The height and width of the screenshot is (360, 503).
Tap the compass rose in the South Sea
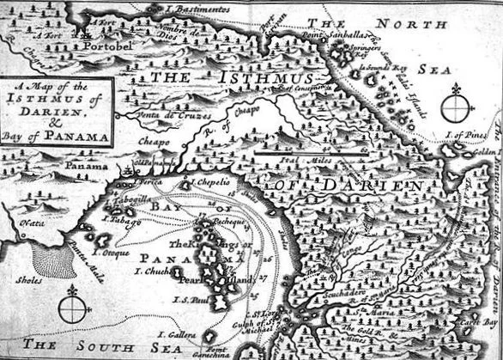(x=73, y=308)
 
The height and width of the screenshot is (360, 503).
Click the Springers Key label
(x=348, y=51)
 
